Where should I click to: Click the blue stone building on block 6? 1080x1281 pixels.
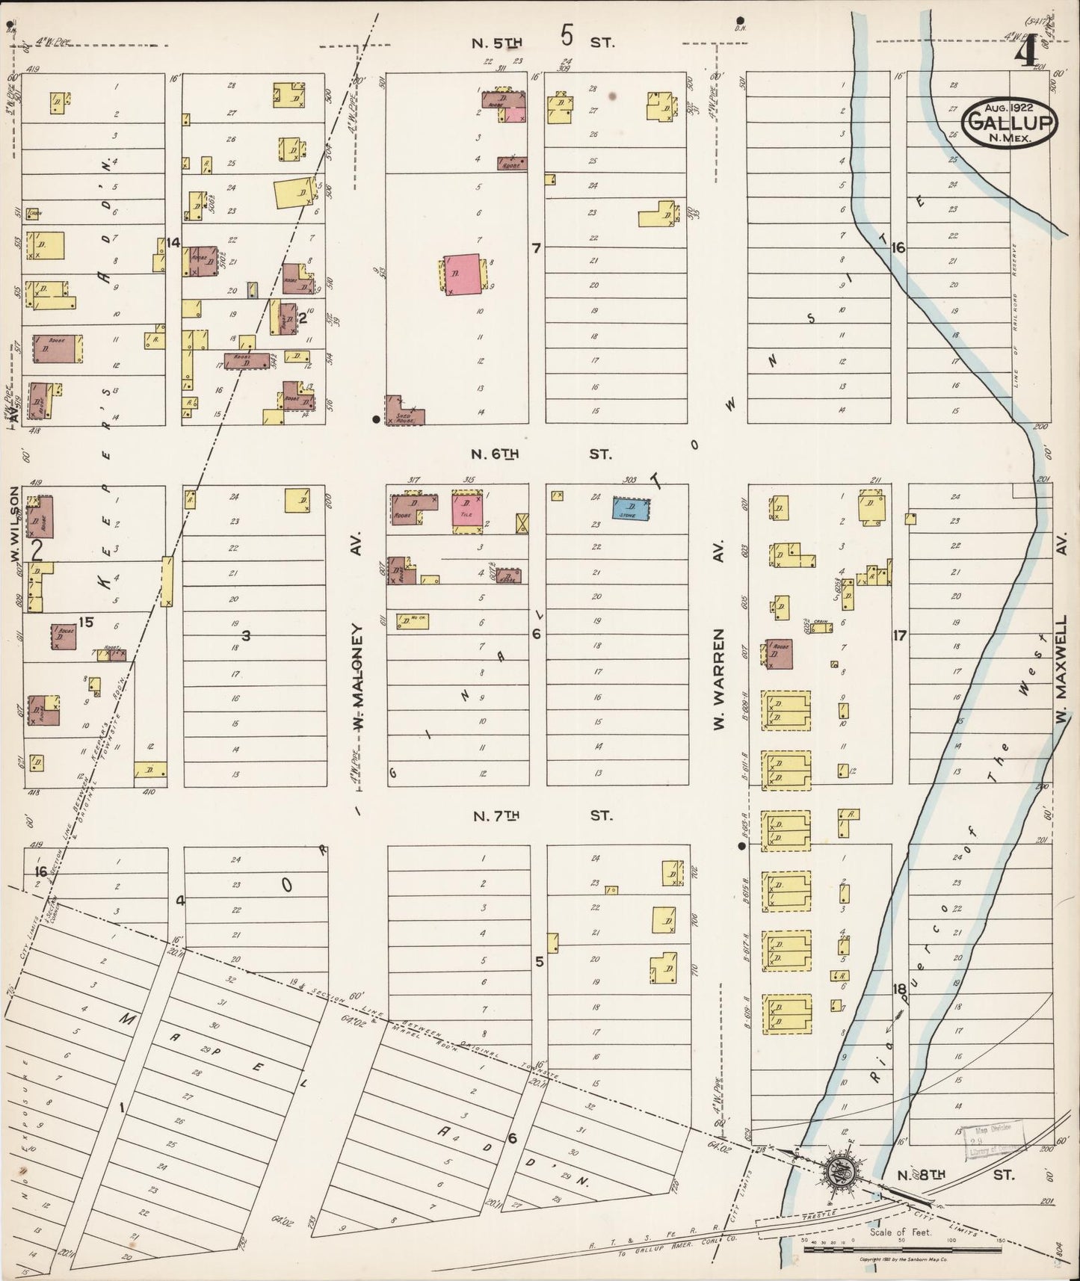click(630, 508)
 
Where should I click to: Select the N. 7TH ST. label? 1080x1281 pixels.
click(542, 815)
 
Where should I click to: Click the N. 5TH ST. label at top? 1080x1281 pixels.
click(542, 43)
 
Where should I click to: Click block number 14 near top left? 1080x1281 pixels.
click(174, 241)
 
